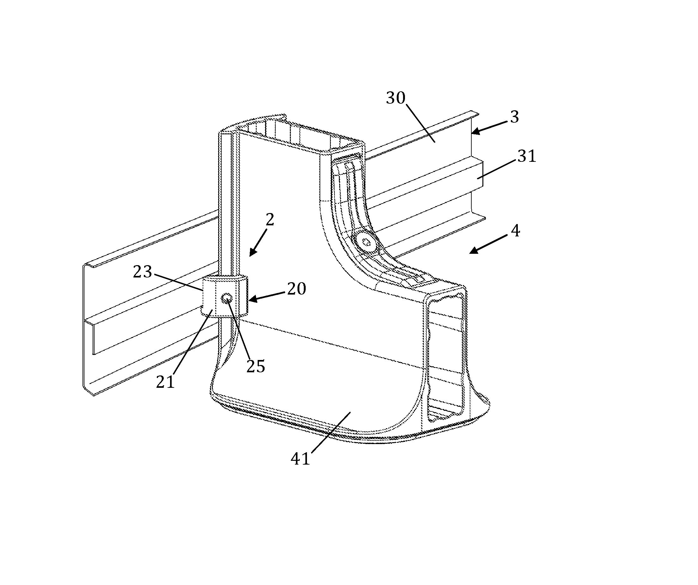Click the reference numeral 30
395,98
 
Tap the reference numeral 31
527,156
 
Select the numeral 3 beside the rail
515,117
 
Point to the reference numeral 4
515,231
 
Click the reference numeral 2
270,220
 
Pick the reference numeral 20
297,289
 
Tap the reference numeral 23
142,272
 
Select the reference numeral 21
166,382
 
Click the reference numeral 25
256,367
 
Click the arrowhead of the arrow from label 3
476,131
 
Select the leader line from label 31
498,169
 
